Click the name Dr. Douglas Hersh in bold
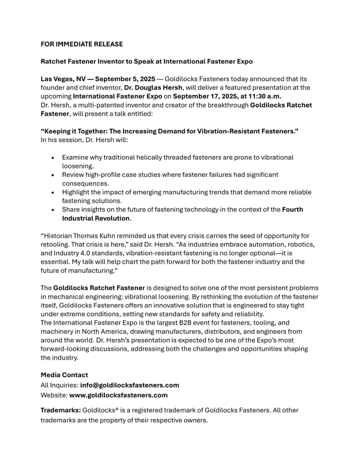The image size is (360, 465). (x=153, y=88)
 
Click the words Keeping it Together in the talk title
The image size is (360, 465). (x=77, y=131)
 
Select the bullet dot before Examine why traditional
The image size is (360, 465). (x=53, y=158)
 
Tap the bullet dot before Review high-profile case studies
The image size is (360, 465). (x=53, y=175)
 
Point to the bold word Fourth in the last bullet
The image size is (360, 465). (x=293, y=210)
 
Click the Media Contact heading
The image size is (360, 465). (x=64, y=375)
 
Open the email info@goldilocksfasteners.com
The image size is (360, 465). (x=130, y=385)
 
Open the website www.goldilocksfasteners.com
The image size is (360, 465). (x=118, y=395)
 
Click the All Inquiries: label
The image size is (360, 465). (x=59, y=385)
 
